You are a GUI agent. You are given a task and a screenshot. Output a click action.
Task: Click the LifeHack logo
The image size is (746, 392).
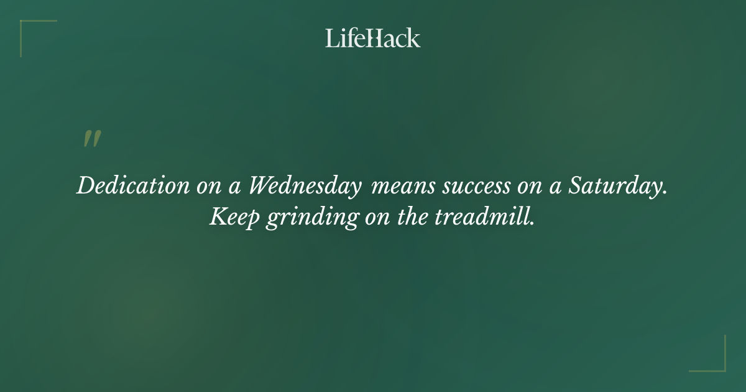click(373, 38)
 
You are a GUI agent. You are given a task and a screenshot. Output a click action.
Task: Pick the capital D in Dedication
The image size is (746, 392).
click(85, 185)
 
